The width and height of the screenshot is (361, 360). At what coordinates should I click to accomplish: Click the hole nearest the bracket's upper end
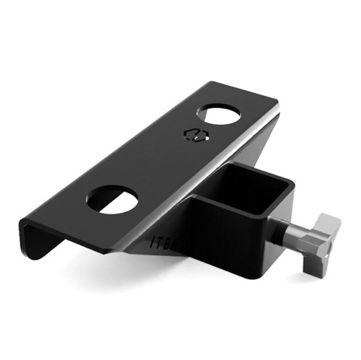click(x=219, y=115)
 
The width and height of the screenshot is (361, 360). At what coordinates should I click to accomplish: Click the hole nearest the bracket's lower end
click(x=113, y=200)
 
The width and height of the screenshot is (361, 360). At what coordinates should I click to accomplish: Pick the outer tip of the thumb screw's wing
click(x=331, y=220)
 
